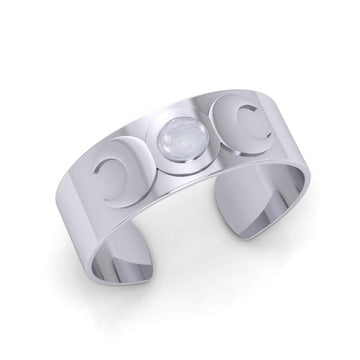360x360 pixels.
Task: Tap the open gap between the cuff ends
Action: click(x=180, y=250)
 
